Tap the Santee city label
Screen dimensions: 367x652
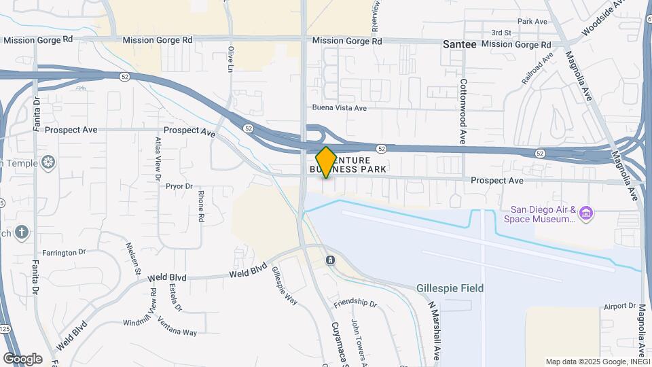point(459,43)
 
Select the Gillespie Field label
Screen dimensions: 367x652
point(450,288)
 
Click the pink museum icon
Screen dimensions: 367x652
point(587,215)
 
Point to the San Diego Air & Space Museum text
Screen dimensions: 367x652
point(540,214)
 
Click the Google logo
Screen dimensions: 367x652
point(22,358)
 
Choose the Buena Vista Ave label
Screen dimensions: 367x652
point(339,107)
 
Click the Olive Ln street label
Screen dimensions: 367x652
point(231,59)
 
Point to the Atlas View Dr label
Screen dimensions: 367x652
point(158,158)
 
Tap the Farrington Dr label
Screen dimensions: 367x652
point(65,251)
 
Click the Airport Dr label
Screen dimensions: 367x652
point(618,307)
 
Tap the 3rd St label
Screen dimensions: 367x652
point(501,33)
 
